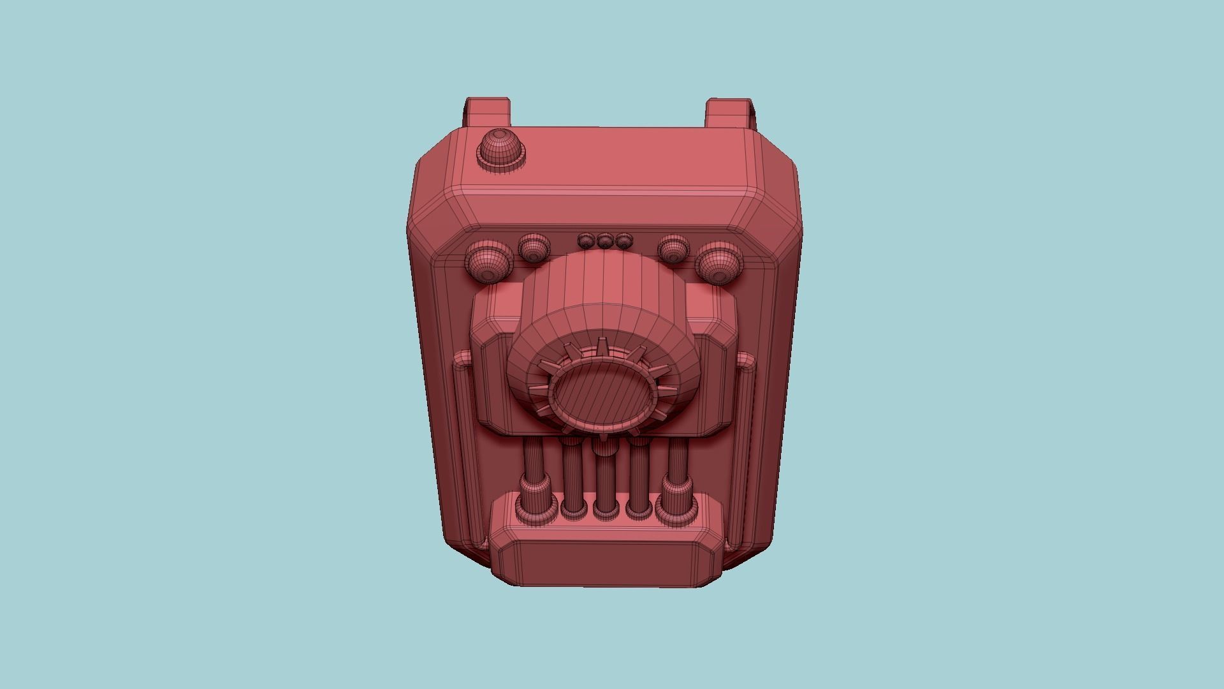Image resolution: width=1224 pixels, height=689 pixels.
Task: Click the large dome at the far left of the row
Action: pyautogui.click(x=488, y=262)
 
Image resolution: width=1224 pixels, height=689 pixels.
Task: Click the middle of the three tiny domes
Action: pyautogui.click(x=604, y=241)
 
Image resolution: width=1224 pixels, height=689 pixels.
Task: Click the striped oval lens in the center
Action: pyautogui.click(x=602, y=400)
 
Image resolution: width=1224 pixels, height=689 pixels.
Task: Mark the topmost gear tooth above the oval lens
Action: pyautogui.click(x=601, y=348)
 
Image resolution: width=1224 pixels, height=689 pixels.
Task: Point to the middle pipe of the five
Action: pyautogui.click(x=605, y=475)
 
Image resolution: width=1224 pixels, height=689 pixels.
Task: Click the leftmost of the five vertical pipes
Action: pyautogui.click(x=532, y=472)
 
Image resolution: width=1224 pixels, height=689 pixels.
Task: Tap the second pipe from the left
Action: pyautogui.click(x=571, y=475)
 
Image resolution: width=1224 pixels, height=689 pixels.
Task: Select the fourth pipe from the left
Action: pyautogui.click(x=639, y=475)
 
